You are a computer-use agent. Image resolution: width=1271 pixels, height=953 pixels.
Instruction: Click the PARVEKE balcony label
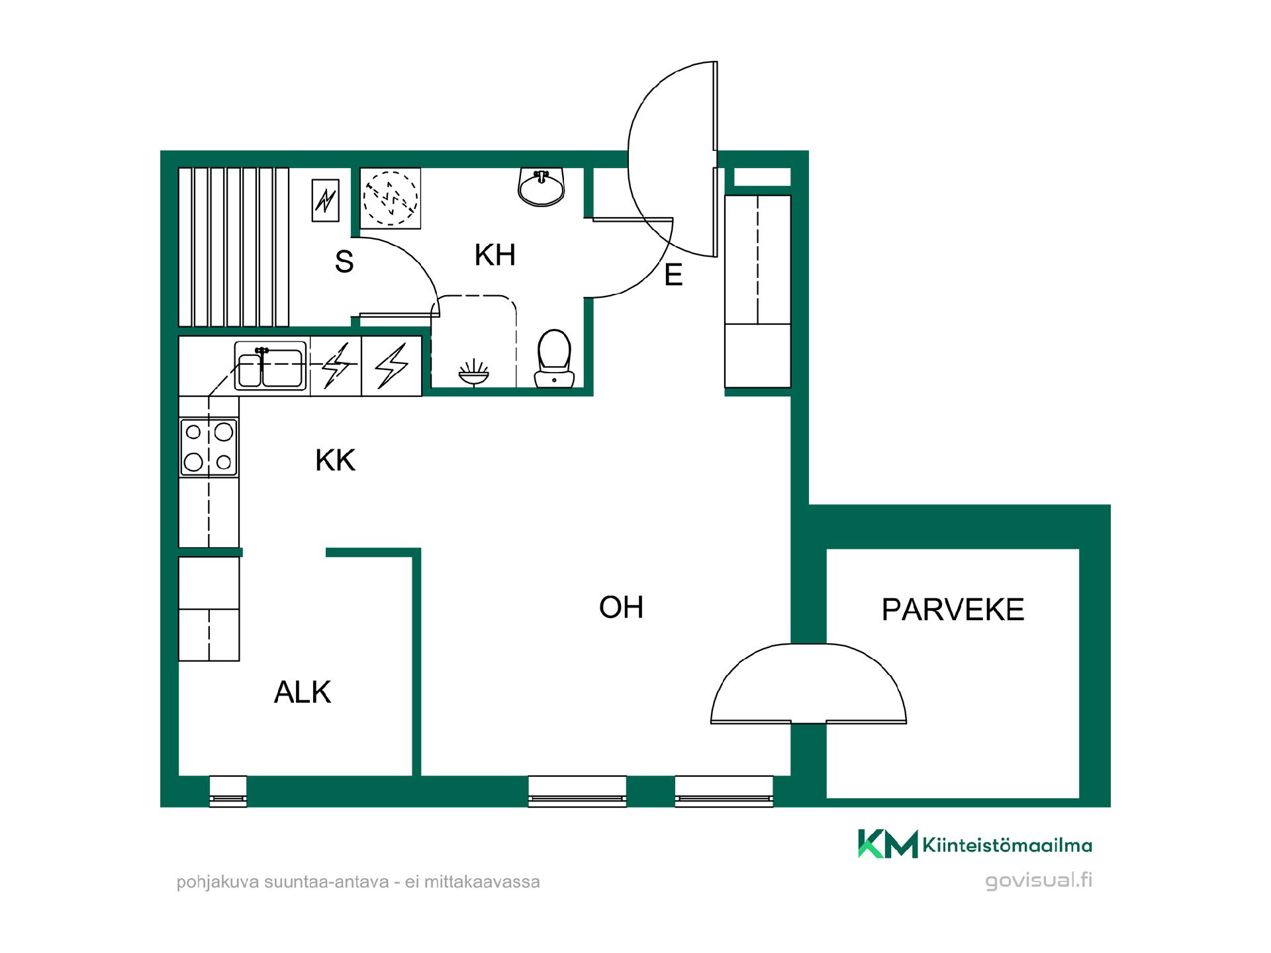pyautogui.click(x=953, y=610)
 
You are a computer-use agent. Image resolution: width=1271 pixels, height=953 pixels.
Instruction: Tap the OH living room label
pyautogui.click(x=621, y=607)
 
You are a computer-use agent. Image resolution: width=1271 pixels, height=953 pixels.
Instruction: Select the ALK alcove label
pyautogui.click(x=303, y=692)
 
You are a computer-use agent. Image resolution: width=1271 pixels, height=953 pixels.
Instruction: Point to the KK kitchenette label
pyautogui.click(x=336, y=460)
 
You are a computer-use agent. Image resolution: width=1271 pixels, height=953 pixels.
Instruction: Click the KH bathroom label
pyautogui.click(x=494, y=255)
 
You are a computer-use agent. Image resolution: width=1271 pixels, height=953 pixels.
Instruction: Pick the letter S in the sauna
pyautogui.click(x=344, y=261)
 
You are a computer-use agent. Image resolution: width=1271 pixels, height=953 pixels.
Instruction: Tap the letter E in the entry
pyautogui.click(x=673, y=275)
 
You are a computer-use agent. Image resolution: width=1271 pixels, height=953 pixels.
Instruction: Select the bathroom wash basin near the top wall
pyautogui.click(x=541, y=187)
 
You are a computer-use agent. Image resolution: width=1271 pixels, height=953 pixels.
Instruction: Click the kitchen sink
pyautogui.click(x=271, y=365)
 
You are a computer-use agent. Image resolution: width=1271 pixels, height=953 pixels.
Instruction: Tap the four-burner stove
pyautogui.click(x=209, y=447)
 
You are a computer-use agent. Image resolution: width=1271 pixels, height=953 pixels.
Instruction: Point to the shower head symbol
pyautogui.click(x=474, y=373)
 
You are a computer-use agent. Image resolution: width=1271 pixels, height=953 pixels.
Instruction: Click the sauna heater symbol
pyautogui.click(x=325, y=200)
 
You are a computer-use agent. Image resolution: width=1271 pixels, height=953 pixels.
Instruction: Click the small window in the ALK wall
pyautogui.click(x=228, y=791)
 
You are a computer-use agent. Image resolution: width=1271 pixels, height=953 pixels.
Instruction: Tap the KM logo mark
pyautogui.click(x=888, y=844)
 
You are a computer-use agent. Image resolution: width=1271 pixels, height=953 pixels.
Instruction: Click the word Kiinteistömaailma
pyautogui.click(x=1007, y=845)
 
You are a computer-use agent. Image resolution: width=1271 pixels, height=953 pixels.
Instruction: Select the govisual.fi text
pyautogui.click(x=1039, y=881)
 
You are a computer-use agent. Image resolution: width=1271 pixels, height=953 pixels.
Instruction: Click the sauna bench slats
pyautogui.click(x=234, y=247)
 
